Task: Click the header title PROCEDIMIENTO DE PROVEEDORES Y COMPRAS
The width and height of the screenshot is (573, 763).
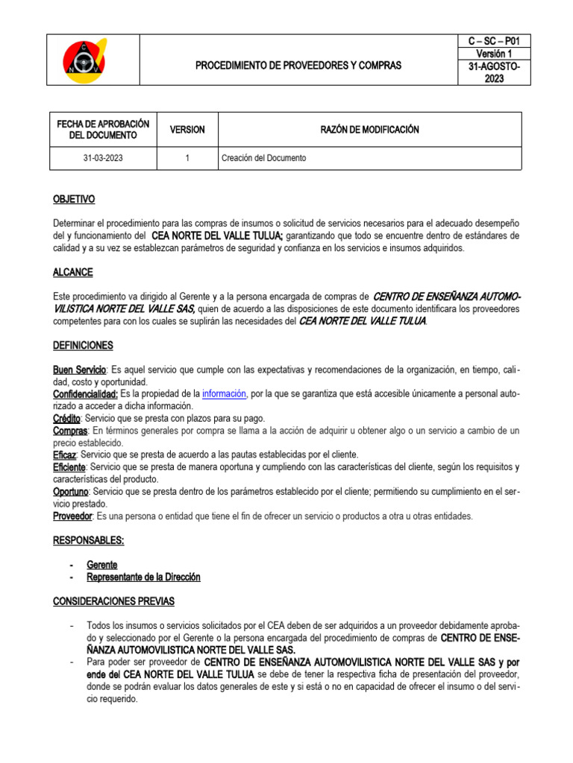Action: click(x=298, y=66)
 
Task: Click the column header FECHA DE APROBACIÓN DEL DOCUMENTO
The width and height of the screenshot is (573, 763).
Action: click(x=104, y=130)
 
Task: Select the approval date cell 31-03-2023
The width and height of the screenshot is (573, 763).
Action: click(x=104, y=158)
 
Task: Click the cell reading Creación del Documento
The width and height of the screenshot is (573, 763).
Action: click(x=263, y=158)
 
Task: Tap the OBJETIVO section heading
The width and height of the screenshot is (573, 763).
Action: click(x=74, y=200)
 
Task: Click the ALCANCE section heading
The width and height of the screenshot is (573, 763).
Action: click(x=72, y=273)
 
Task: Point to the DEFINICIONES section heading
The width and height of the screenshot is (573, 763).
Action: click(x=83, y=346)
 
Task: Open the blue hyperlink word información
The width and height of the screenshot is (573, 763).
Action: click(x=224, y=393)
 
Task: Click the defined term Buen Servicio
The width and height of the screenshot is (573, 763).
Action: click(x=80, y=370)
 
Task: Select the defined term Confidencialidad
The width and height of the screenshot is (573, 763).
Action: click(x=85, y=393)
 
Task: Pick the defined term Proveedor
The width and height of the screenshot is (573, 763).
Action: click(x=72, y=516)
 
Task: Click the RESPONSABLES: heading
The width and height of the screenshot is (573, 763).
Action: click(x=88, y=540)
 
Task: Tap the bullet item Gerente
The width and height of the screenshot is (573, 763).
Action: click(x=102, y=565)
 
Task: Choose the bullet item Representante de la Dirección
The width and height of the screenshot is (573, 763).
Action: click(x=143, y=577)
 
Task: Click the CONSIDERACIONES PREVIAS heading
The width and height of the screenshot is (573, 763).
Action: click(x=113, y=601)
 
